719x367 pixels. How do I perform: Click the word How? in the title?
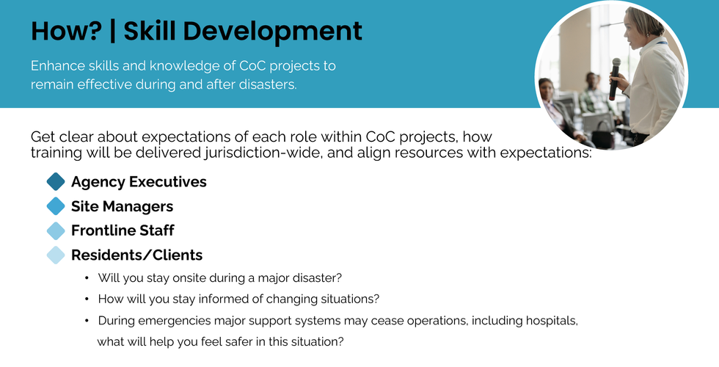pyautogui.click(x=67, y=31)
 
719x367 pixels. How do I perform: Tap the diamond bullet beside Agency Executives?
pyautogui.click(x=56, y=182)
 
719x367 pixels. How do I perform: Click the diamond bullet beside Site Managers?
pyautogui.click(x=56, y=206)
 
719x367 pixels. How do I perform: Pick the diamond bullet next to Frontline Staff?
pyautogui.click(x=56, y=230)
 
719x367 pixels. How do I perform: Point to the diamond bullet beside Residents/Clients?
pyautogui.click(x=56, y=255)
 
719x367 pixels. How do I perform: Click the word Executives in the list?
pyautogui.click(x=167, y=182)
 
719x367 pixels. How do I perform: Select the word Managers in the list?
pyautogui.click(x=138, y=207)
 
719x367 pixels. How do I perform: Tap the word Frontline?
pyautogui.click(x=100, y=230)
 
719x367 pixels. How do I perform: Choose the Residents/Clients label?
pyautogui.click(x=136, y=255)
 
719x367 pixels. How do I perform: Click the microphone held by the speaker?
pyautogui.click(x=615, y=79)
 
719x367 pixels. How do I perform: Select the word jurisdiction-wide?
pyautogui.click(x=263, y=153)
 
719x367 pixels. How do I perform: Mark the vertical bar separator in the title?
pyautogui.click(x=113, y=31)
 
